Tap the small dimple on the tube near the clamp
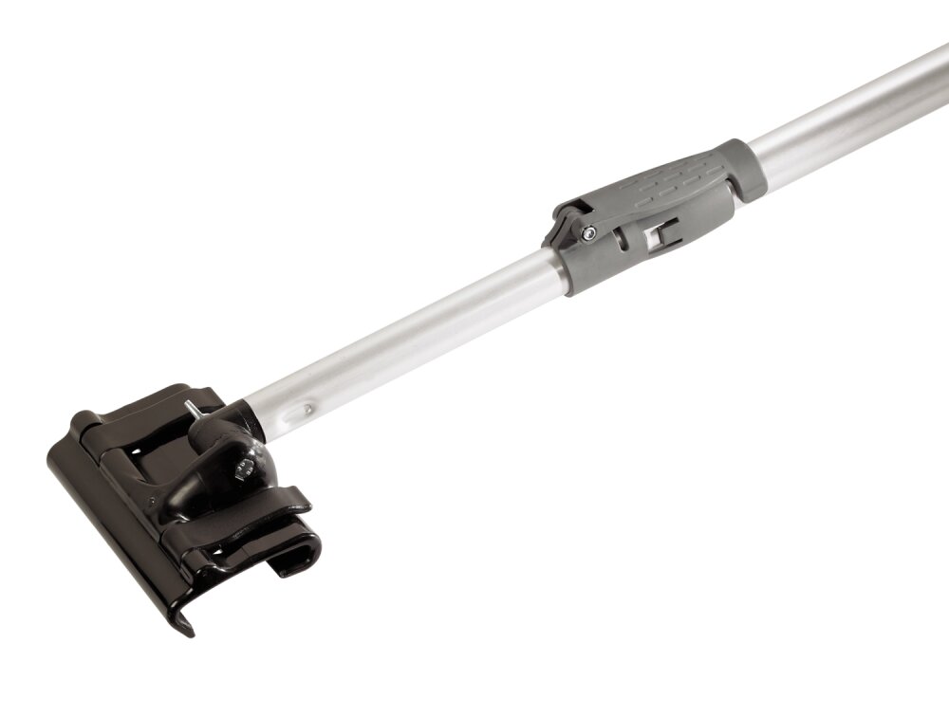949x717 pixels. [307, 410]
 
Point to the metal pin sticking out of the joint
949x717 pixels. [192, 407]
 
